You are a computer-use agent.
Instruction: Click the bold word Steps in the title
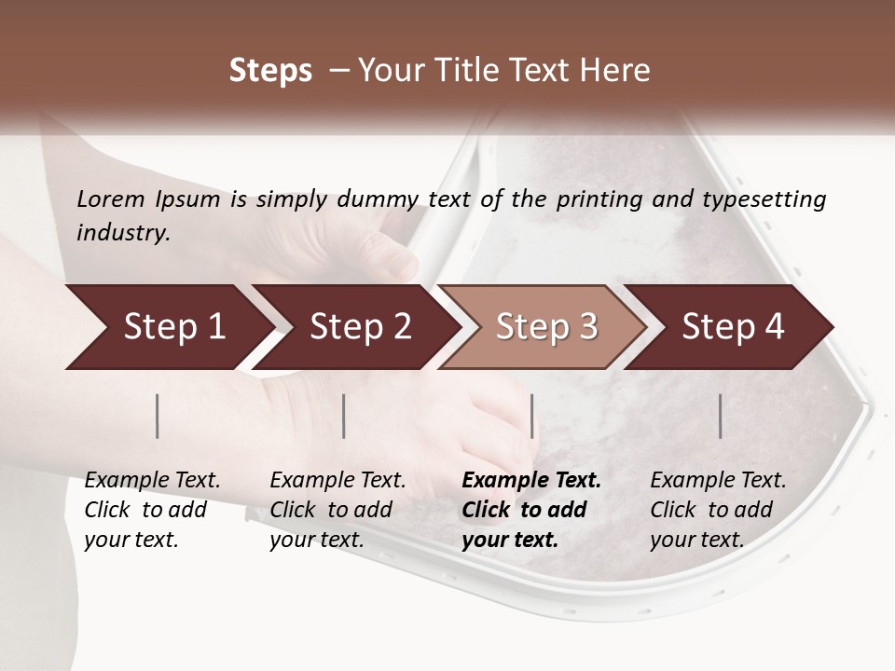pos(270,70)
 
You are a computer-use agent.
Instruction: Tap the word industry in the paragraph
pos(122,232)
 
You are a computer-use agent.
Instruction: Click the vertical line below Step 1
pos(158,416)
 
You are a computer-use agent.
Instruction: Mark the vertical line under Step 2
pos(344,416)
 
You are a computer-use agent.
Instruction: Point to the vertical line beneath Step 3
pos(531,416)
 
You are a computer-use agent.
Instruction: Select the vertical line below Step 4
pos(720,416)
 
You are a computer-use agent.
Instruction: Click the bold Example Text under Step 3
pos(531,481)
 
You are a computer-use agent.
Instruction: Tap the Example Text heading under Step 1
pos(152,481)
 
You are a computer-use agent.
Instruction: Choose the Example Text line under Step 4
pos(718,481)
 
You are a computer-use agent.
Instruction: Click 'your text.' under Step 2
pos(317,540)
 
